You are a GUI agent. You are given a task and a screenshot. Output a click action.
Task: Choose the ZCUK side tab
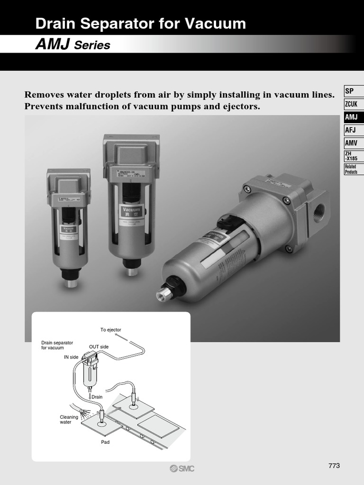pyautogui.click(x=351, y=104)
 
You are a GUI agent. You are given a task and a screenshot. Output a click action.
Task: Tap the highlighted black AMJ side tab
pyautogui.click(x=351, y=117)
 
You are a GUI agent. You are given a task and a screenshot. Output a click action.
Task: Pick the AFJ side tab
pyautogui.click(x=350, y=130)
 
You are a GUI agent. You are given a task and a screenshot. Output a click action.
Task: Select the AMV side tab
pyautogui.click(x=351, y=143)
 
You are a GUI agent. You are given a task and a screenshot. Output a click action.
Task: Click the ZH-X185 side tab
pyautogui.click(x=351, y=156)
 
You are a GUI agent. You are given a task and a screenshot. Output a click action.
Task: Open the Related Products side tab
pyautogui.click(x=351, y=169)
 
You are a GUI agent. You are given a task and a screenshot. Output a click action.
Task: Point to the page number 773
pyautogui.click(x=334, y=466)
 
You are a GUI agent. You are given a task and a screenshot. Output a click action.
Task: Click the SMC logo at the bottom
pyautogui.click(x=182, y=468)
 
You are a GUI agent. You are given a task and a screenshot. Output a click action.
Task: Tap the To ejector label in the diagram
pyautogui.click(x=110, y=330)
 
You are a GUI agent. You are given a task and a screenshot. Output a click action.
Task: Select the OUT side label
pyautogui.click(x=99, y=347)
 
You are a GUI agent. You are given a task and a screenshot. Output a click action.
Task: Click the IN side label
pyautogui.click(x=71, y=357)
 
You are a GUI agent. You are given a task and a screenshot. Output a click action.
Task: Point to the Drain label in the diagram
pyautogui.click(x=97, y=396)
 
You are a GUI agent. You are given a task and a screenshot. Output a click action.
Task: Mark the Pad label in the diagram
pyautogui.click(x=105, y=442)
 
